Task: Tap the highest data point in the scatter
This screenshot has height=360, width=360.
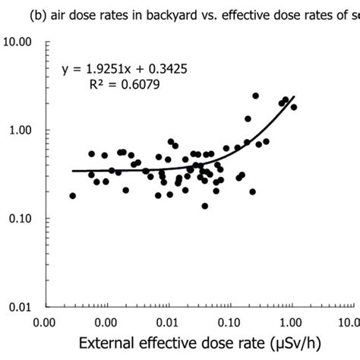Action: click(x=255, y=96)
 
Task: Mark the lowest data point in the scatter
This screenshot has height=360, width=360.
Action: click(x=205, y=206)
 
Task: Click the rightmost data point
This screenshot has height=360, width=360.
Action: click(x=294, y=107)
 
